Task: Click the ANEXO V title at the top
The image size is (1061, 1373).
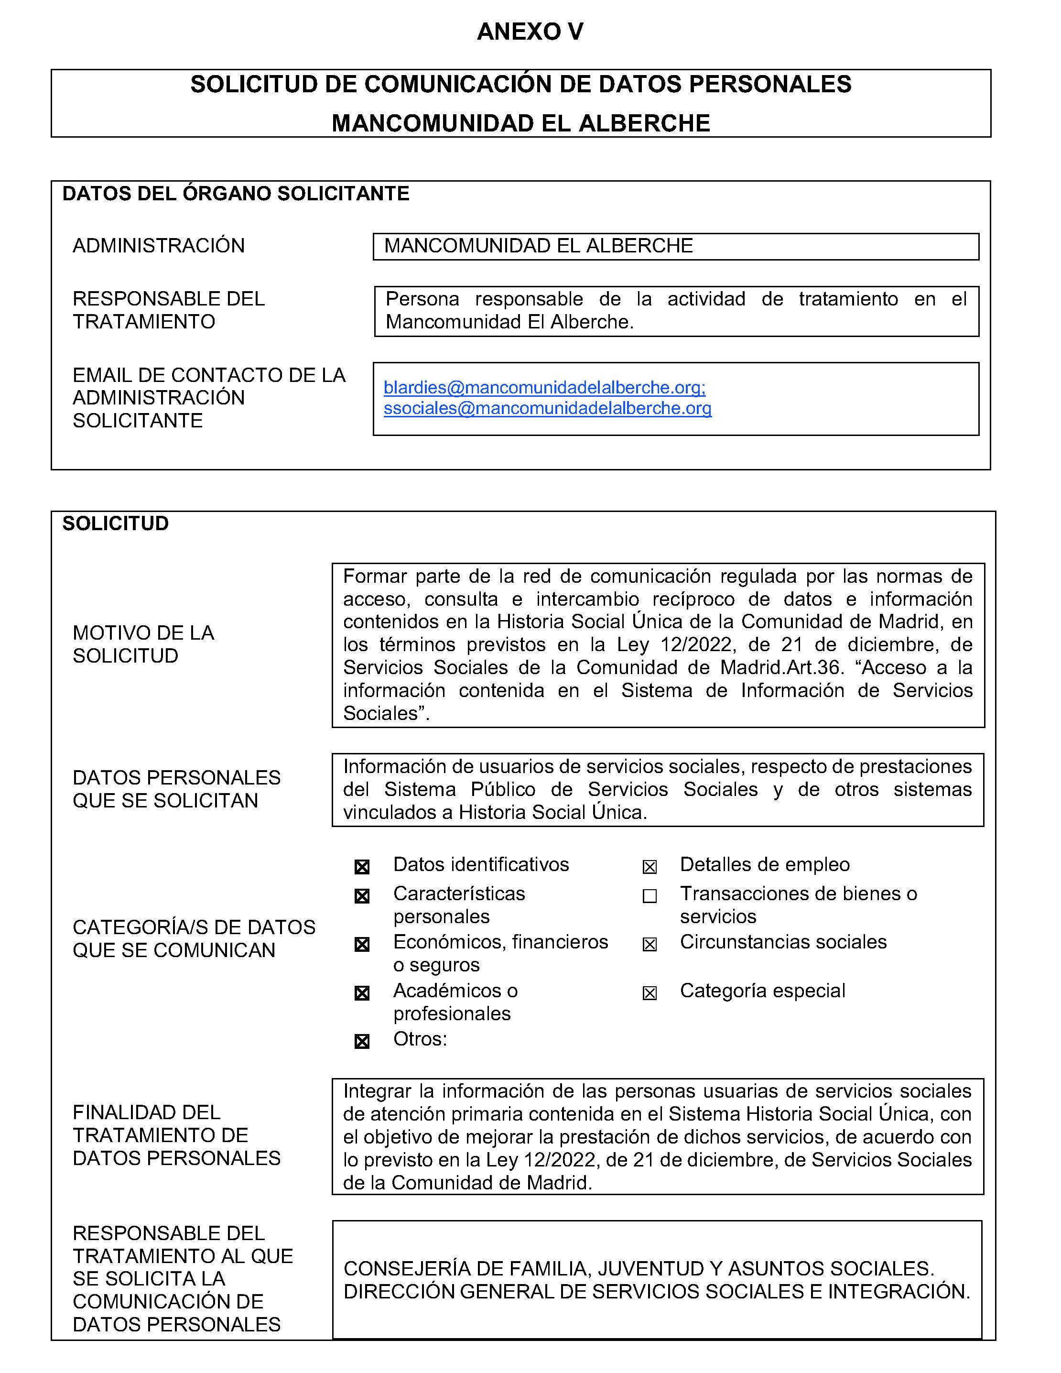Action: point(530,32)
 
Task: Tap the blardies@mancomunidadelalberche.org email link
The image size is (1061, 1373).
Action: point(544,387)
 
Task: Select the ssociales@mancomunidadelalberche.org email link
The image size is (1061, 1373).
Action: point(548,409)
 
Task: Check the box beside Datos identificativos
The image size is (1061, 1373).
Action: point(362,867)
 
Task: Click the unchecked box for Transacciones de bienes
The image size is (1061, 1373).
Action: point(650,896)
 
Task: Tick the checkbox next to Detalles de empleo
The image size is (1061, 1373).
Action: point(650,867)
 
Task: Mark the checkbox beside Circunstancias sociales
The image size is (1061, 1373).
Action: point(650,944)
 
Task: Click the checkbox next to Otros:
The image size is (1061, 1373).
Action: point(362,1042)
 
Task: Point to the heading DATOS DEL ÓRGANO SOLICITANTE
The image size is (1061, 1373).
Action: point(236,194)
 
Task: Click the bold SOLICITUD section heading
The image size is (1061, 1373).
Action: point(116,523)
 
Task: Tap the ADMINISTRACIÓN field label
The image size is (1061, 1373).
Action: point(158,246)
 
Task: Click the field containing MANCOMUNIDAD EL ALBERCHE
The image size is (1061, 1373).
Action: point(676,246)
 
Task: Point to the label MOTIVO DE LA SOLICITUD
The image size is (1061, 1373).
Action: point(143,644)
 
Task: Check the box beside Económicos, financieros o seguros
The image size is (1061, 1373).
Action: point(362,944)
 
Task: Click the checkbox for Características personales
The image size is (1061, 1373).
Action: point(362,896)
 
